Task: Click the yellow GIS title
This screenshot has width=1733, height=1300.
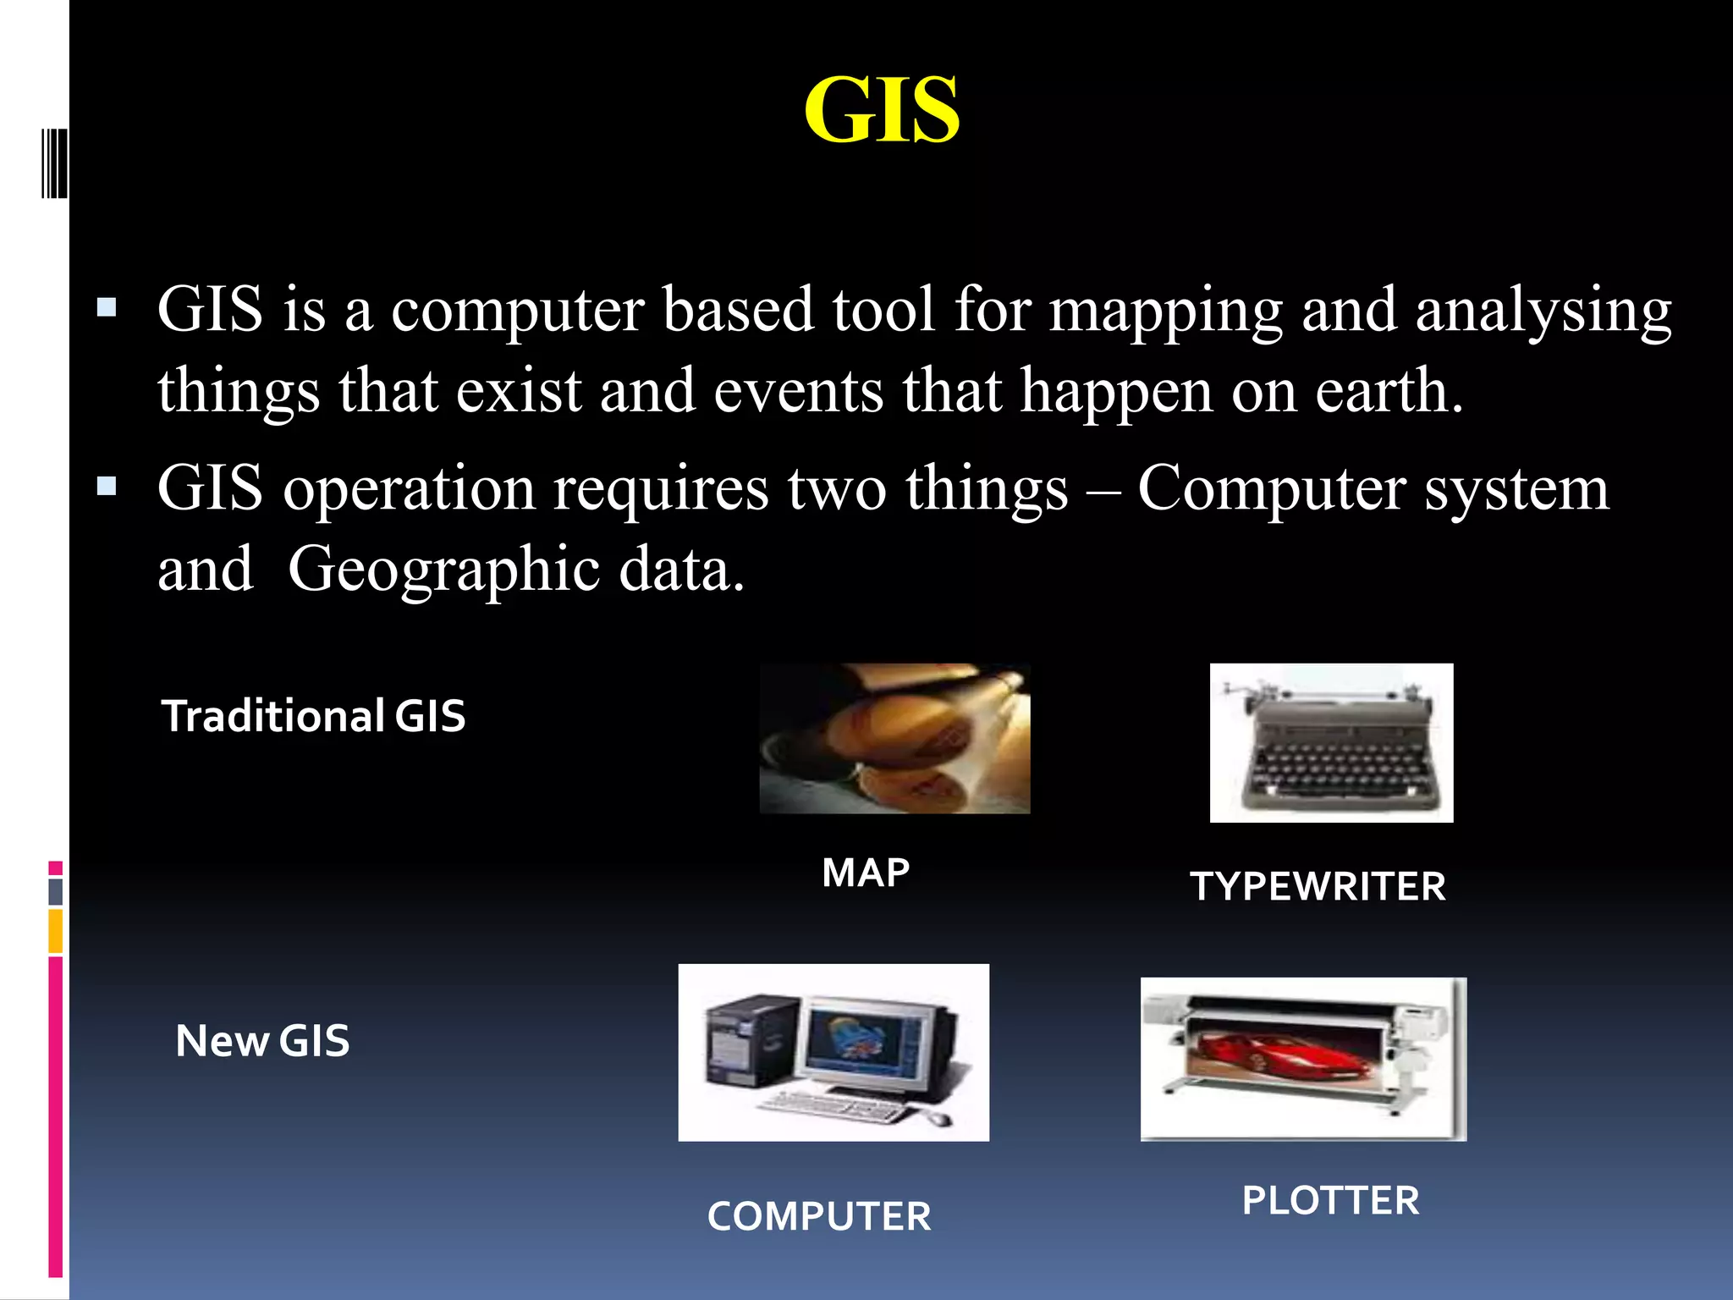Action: [x=881, y=110]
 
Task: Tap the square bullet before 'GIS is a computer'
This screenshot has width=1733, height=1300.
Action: [x=107, y=306]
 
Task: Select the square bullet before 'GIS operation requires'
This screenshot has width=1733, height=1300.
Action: [x=107, y=487]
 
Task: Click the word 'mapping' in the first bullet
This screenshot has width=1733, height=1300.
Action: [x=1165, y=311]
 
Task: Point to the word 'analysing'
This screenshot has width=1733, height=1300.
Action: [x=1543, y=311]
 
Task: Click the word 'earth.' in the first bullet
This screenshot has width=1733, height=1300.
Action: [x=1389, y=391]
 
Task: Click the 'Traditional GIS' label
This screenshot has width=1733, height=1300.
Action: [x=313, y=716]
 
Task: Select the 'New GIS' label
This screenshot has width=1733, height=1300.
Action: [x=262, y=1040]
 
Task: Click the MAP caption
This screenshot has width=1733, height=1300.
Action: [x=866, y=873]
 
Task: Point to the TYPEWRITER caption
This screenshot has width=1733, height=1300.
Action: [x=1318, y=886]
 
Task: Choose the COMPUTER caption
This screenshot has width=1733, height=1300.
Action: [x=819, y=1216]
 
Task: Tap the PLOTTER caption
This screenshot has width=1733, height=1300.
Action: [x=1330, y=1200]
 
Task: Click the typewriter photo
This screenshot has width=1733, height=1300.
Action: [x=1331, y=742]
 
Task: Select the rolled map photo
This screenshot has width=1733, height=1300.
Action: [x=894, y=739]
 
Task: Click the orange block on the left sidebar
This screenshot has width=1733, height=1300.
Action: [x=55, y=930]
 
